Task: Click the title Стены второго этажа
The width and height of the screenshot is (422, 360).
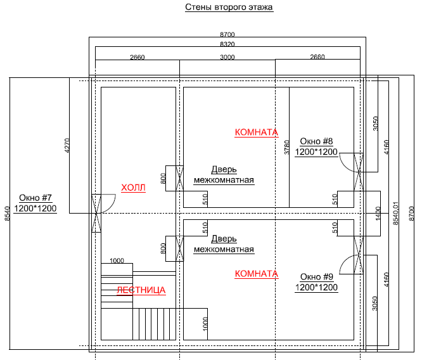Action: [229, 8]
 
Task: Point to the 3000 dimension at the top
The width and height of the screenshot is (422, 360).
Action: [227, 57]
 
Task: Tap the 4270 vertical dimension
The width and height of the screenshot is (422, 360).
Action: [67, 146]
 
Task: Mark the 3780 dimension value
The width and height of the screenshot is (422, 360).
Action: [286, 148]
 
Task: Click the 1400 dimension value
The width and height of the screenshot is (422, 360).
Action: [378, 213]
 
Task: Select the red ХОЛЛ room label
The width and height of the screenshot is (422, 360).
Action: [133, 188]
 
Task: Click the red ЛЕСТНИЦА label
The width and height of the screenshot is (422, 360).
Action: [141, 290]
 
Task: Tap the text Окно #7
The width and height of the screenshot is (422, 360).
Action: [35, 197]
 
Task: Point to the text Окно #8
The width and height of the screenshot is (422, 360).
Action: [316, 141]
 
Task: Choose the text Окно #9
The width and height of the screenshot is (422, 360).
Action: [316, 276]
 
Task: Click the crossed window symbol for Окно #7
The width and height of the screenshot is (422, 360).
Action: [96, 213]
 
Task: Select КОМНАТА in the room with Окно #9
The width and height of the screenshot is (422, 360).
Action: [256, 274]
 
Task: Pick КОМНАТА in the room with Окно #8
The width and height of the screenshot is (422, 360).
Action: [256, 132]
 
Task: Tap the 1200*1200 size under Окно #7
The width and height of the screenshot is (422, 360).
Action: [35, 208]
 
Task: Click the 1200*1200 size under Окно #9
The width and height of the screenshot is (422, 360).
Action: [316, 287]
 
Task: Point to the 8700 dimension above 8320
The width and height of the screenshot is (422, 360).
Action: [227, 34]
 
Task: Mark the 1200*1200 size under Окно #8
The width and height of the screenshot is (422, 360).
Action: [316, 152]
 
